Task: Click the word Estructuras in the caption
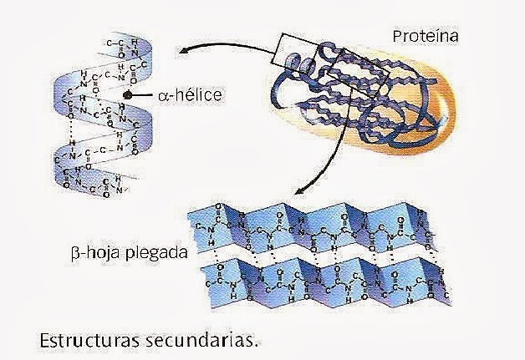(x=84, y=341)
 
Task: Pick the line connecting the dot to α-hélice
(x=143, y=97)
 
